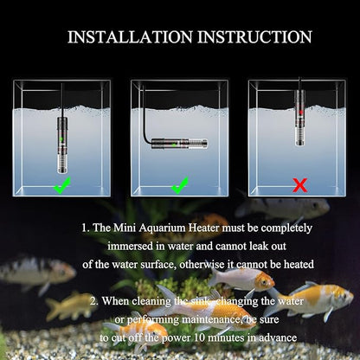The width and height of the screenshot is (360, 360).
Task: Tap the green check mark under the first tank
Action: [61, 185]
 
